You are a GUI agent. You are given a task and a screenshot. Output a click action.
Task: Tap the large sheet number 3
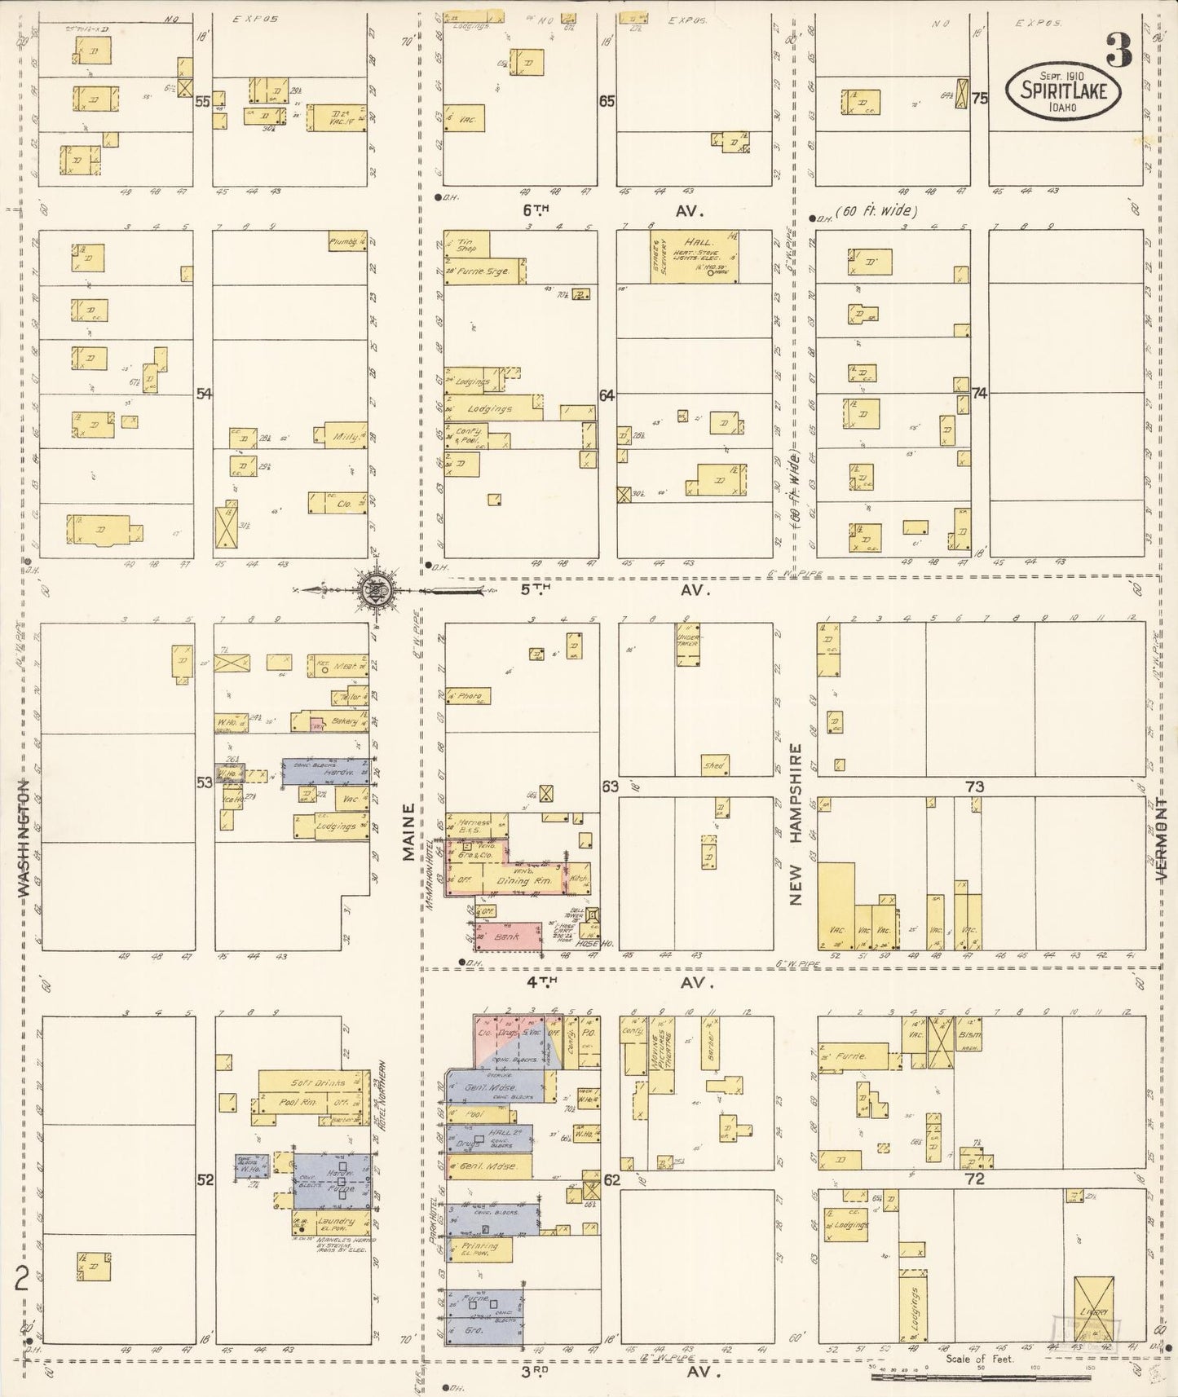1118,52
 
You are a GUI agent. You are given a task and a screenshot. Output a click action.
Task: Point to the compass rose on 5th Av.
377,589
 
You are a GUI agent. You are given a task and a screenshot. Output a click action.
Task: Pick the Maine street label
408,831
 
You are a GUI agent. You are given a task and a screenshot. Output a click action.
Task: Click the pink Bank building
509,937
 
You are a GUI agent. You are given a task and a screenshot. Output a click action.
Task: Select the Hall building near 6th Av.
695,256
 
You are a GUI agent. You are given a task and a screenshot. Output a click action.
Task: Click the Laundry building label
336,1222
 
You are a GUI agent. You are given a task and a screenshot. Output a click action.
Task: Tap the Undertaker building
688,645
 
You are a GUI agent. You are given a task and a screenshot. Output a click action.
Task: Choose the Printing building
479,1248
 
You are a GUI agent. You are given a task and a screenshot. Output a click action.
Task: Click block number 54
204,394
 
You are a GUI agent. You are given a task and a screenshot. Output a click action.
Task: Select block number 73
974,787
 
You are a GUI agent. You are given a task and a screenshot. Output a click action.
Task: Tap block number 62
611,1179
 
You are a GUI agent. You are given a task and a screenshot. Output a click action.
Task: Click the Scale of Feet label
979,1359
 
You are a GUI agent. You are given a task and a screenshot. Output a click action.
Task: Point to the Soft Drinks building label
318,1083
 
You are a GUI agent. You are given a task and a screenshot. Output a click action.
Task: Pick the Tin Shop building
467,244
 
